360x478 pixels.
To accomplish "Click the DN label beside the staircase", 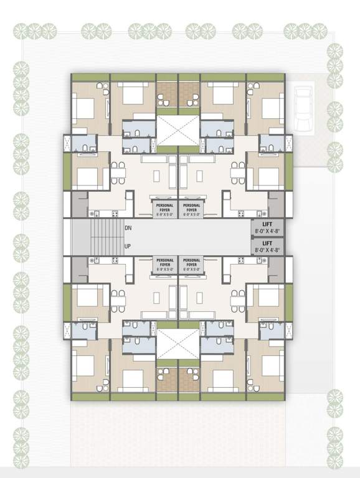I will pyautogui.click(x=128, y=228).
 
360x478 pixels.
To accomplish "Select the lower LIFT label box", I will pyautogui.click(x=267, y=246).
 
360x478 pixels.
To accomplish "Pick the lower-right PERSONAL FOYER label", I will pyautogui.click(x=191, y=265).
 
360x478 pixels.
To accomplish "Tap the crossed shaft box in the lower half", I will pyautogui.click(x=178, y=344).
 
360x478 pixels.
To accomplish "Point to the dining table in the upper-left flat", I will pyautogui.click(x=118, y=172).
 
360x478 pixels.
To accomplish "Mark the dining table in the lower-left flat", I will pyautogui.click(x=118, y=301).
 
